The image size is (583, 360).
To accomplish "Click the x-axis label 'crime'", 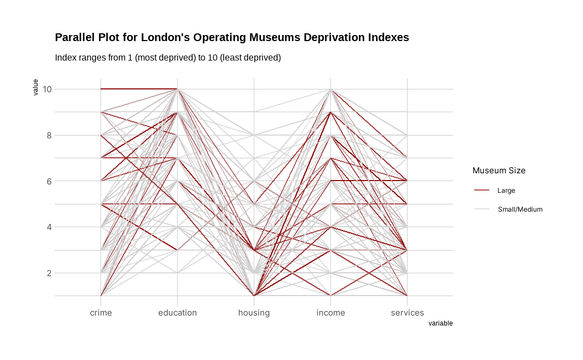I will tap(100, 313).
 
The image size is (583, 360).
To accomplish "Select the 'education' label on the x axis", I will tap(177, 313).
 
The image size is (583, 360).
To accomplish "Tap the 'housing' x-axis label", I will tap(254, 313).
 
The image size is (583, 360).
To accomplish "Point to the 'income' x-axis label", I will tap(330, 313).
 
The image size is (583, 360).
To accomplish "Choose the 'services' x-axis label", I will tap(407, 313).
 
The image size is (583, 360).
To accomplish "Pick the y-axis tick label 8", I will tap(48, 135).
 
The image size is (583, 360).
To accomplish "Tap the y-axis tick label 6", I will tap(48, 181).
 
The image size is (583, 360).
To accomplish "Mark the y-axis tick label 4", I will tap(48, 227).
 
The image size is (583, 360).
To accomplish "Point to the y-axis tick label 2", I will tap(48, 273).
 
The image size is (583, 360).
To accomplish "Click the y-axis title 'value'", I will tap(36, 87).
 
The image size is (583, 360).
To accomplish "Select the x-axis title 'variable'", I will tap(440, 323).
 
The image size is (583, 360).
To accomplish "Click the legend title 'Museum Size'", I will tap(499, 171).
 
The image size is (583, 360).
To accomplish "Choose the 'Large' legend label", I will tap(506, 191).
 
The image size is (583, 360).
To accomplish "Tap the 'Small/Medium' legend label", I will tap(520, 209).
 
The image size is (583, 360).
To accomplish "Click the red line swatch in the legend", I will tap(481, 191).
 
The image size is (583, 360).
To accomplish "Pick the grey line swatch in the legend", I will tap(481, 209).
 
